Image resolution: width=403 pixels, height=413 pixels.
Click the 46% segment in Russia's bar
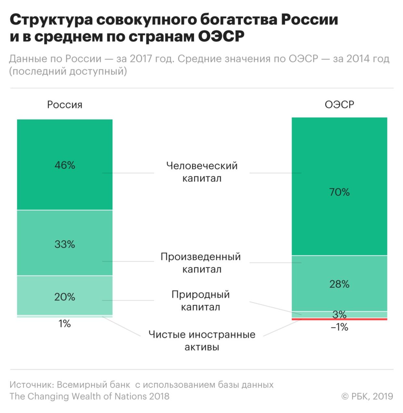[65, 165]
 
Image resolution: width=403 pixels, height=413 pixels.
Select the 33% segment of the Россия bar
[65, 243]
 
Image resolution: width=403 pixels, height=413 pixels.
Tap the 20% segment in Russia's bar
[65, 296]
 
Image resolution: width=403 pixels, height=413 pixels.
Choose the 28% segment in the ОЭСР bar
[339, 283]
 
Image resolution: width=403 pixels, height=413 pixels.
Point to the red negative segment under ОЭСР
[339, 319]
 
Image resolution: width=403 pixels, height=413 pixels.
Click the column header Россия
[65, 105]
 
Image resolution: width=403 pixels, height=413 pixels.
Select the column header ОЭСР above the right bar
[339, 105]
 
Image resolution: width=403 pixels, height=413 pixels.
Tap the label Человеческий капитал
[202, 172]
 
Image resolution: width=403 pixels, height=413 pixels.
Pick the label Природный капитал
[200, 301]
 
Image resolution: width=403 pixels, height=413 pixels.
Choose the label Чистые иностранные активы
[202, 341]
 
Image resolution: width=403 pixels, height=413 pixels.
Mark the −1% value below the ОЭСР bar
[339, 327]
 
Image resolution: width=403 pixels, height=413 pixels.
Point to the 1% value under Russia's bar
[65, 324]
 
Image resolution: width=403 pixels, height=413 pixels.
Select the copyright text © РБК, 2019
[367, 396]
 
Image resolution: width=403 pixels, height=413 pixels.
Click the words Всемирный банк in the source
[94, 385]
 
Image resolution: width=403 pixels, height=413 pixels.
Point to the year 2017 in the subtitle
[141, 59]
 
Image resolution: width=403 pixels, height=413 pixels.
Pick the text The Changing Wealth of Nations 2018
[89, 396]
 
